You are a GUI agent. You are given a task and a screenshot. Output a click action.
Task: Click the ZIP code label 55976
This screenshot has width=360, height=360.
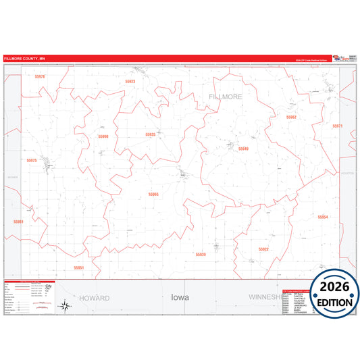41,77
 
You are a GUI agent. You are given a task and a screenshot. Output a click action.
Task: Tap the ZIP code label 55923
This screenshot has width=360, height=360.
130,82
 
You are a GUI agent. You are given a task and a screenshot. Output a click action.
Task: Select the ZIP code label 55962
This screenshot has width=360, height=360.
291,117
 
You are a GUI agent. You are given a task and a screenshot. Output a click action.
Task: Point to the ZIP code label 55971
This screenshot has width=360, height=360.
338,126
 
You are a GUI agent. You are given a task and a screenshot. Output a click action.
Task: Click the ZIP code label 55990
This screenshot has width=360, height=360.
103,136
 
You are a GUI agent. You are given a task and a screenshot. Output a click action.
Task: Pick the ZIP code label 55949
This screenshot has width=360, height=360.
243,149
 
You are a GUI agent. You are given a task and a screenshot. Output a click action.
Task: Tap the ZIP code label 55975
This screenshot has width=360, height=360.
32,161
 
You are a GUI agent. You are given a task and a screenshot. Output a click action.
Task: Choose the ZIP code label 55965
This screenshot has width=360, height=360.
153,195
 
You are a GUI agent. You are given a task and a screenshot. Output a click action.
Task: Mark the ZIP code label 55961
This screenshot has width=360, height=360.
18,222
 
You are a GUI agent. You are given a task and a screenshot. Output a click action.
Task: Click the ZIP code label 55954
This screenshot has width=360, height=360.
323,217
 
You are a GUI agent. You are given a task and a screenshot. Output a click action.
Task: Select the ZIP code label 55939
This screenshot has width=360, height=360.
200,254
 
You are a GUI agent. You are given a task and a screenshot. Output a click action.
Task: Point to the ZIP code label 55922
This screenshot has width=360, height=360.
263,249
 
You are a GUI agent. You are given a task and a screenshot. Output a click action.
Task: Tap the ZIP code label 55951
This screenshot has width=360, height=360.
79,267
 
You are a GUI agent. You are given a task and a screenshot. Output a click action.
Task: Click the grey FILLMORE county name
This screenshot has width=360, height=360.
226,97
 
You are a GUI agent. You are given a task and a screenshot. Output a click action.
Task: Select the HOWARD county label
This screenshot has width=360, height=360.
94,298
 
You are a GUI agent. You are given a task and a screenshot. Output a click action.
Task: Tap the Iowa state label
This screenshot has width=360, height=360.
180,297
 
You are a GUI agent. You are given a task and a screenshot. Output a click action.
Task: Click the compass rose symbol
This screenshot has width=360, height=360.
64,306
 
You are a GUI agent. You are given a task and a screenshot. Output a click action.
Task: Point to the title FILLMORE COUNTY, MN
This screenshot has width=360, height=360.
24,59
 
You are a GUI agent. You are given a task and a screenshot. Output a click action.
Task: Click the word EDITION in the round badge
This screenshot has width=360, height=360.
334,303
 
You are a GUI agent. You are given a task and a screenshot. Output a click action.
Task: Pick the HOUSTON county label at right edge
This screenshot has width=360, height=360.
348,174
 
